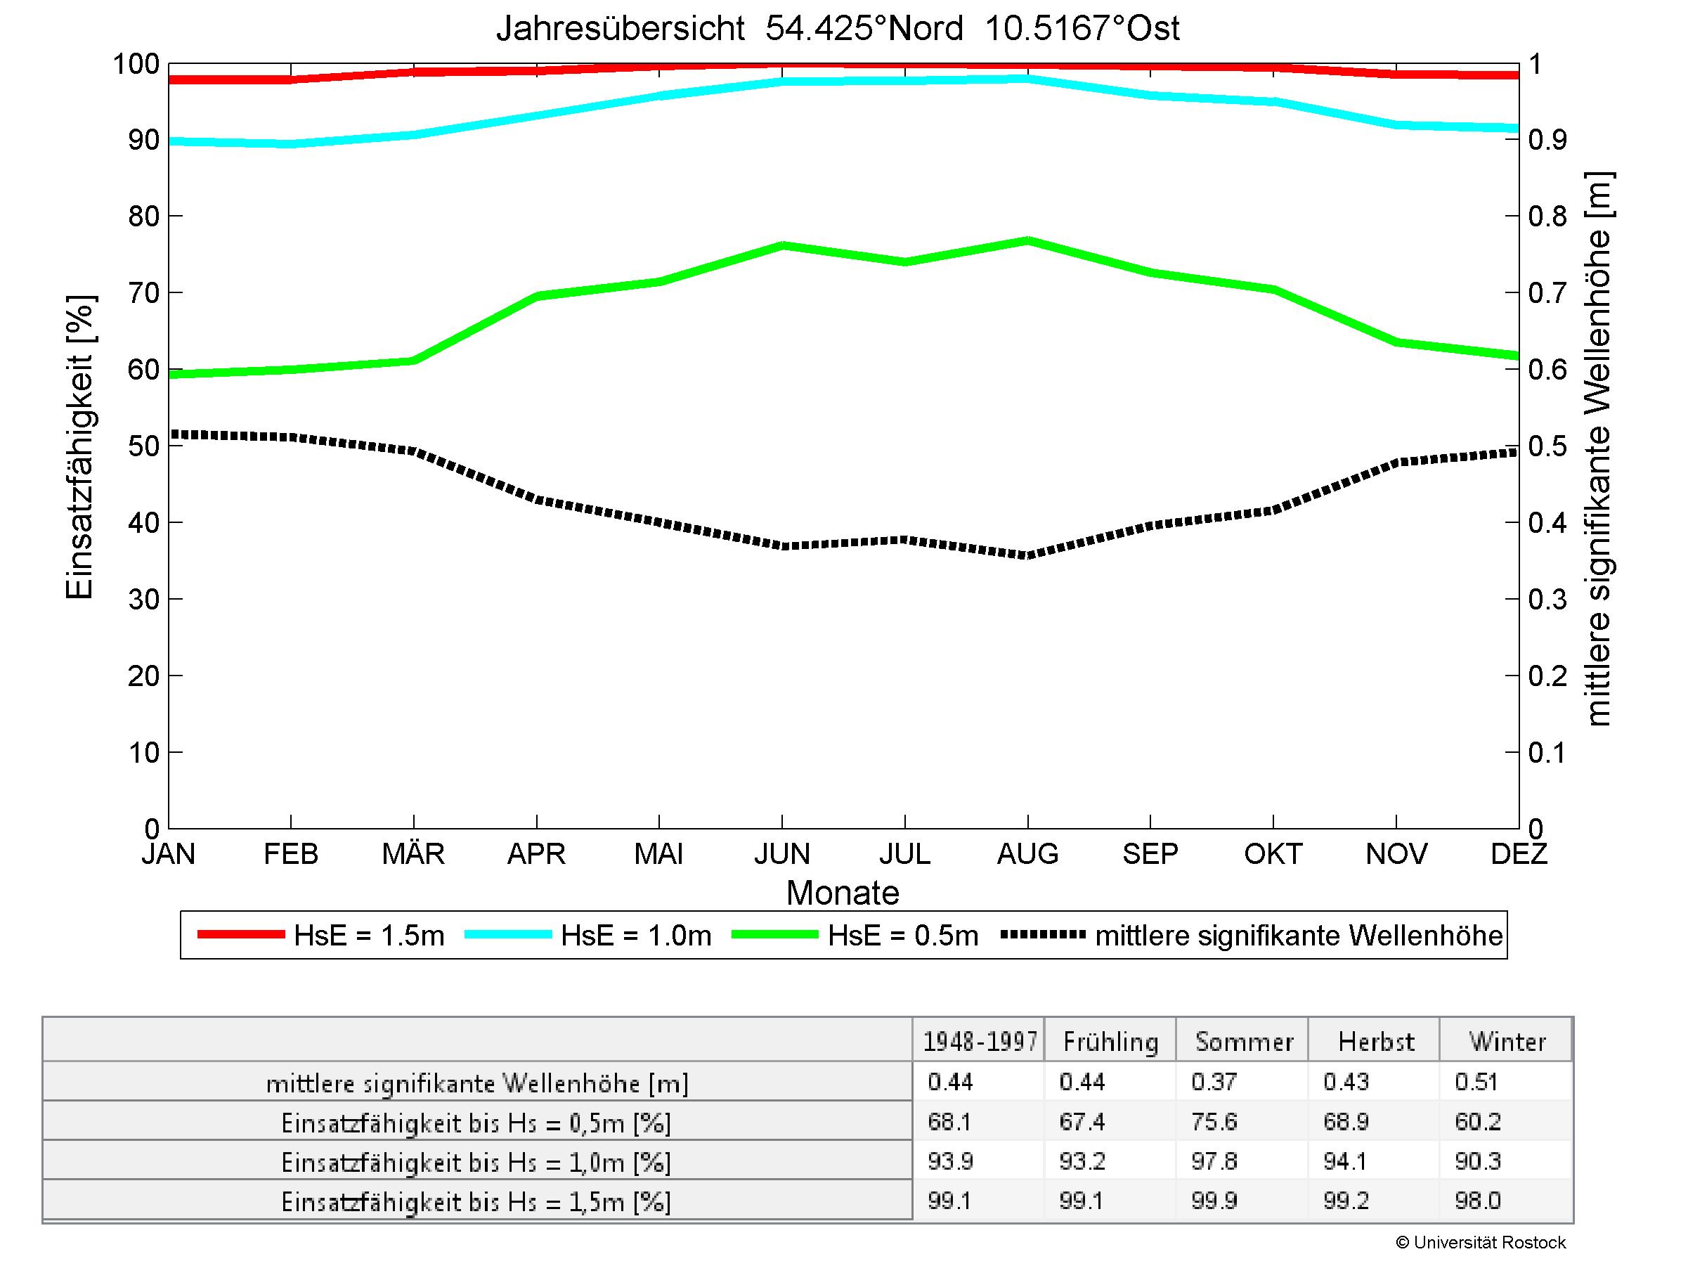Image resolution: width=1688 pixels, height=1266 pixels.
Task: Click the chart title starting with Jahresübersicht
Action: [837, 29]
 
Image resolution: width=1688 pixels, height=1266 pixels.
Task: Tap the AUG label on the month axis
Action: [1027, 853]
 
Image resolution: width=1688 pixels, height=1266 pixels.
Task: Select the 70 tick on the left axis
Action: [143, 293]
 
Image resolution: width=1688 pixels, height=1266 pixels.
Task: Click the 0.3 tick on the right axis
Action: [1547, 600]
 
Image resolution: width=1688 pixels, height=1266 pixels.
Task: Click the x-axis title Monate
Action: [843, 893]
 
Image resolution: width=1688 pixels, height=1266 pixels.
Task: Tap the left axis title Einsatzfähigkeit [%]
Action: [79, 446]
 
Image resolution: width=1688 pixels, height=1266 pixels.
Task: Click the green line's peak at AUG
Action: [1028, 241]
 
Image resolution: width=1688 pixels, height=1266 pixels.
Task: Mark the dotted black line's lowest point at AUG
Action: [1028, 555]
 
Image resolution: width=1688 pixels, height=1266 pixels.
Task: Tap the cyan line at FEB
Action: [291, 143]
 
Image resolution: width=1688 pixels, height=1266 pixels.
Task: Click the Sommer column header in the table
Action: [1244, 1042]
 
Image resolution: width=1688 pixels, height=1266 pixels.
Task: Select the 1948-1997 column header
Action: [980, 1042]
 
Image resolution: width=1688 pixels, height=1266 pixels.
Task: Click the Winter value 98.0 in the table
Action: [1477, 1201]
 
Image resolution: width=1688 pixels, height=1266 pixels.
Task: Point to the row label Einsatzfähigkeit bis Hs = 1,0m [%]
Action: [476, 1162]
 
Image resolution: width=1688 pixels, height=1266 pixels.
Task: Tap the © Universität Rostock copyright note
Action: [1481, 1243]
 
